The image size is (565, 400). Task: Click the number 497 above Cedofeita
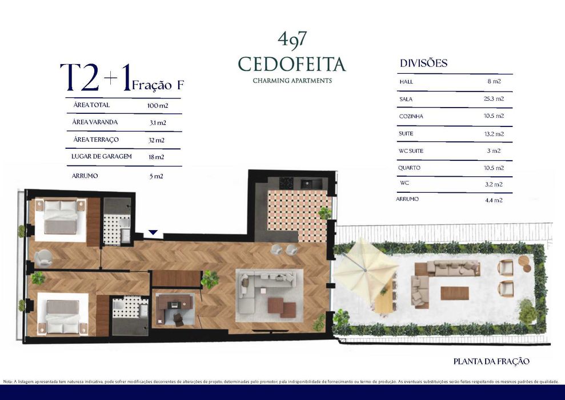[292, 39]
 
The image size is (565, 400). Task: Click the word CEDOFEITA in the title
[292, 64]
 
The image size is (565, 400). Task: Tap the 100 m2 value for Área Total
[157, 106]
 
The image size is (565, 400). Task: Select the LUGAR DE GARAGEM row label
[102, 156]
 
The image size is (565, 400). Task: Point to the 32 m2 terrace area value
[157, 140]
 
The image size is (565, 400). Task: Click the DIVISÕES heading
[423, 64]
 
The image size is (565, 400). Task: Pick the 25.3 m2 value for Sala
[494, 98]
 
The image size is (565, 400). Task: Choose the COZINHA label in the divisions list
[411, 116]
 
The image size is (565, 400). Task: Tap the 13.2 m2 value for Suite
[494, 134]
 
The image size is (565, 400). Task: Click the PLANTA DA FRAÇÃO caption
[491, 361]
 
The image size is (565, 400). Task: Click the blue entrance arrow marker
[153, 232]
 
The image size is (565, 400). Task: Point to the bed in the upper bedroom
[60, 217]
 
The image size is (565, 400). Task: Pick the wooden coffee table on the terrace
[455, 293]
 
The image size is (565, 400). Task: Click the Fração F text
[158, 85]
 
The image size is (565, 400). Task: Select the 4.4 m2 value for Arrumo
[494, 200]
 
